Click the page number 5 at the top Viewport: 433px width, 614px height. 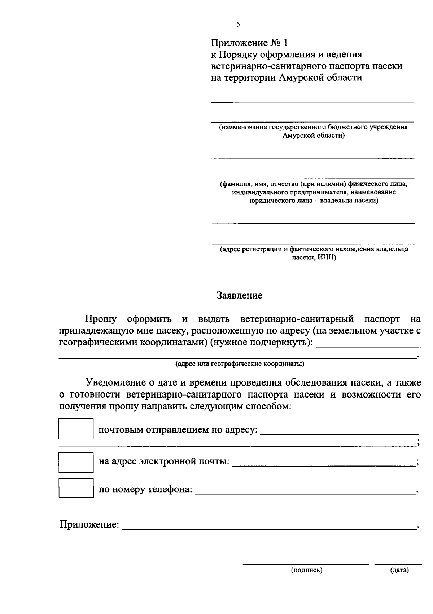[x=238, y=25]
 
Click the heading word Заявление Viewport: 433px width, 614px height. [x=240, y=295]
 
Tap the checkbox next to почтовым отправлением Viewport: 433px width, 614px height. [x=76, y=429]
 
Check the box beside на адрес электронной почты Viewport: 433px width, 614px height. [x=76, y=462]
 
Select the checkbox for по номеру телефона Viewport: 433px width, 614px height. [x=76, y=488]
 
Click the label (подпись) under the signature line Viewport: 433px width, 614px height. [x=306, y=570]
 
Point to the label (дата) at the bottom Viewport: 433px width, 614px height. [x=399, y=570]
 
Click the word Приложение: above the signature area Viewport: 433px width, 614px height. [x=89, y=524]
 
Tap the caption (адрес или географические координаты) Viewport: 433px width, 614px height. [x=240, y=364]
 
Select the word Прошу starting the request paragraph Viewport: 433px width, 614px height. [x=101, y=319]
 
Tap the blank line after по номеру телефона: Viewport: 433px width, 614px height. [x=305, y=493]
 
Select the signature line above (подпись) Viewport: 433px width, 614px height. [x=306, y=564]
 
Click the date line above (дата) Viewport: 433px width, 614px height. [x=398, y=564]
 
